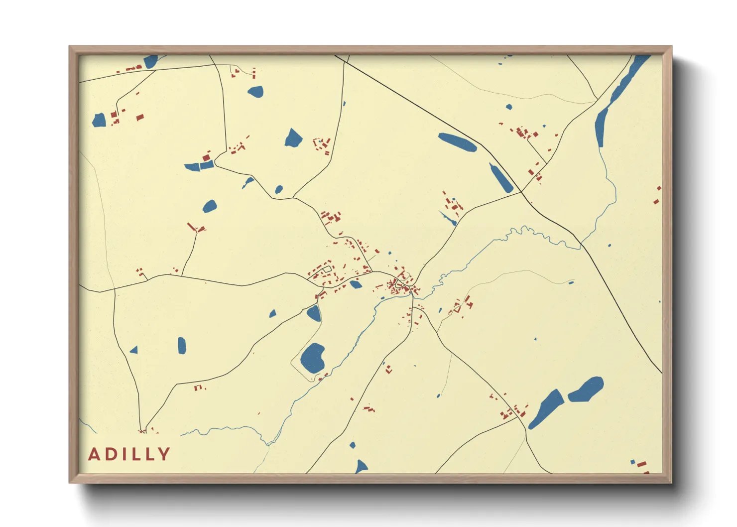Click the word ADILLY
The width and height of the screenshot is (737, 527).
click(129, 454)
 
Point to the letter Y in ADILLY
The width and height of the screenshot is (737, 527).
click(164, 454)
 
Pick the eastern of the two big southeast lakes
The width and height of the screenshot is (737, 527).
click(586, 389)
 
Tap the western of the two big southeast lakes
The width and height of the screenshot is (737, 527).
click(547, 408)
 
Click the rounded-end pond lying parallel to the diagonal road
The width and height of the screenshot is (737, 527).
click(457, 142)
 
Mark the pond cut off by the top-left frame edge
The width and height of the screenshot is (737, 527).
click(150, 61)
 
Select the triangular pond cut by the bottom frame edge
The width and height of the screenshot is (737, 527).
click(361, 467)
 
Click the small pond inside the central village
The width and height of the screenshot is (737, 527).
click(355, 284)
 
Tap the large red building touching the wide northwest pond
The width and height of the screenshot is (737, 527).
click(206, 157)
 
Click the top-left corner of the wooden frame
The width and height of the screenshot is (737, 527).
click(71, 48)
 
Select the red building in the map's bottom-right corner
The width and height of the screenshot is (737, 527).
click(641, 464)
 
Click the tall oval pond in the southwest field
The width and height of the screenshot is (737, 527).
click(182, 345)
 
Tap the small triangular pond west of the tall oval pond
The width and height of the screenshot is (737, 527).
click(134, 350)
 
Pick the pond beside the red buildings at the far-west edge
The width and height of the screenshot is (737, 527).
click(100, 120)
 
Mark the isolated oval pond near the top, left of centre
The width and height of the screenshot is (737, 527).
click(255, 92)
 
